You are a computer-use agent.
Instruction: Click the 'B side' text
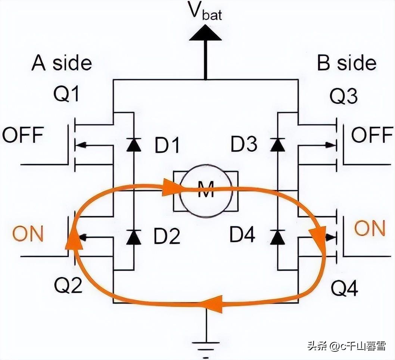pos(346,63)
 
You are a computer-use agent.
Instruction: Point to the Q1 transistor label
pos(66,95)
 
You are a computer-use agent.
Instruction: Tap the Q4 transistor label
pos(344,288)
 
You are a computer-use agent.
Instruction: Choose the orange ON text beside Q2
pos(28,233)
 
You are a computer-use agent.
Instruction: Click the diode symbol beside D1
pos(134,145)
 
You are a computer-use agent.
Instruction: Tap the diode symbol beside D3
pos(277,145)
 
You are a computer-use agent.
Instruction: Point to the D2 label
pos(167,236)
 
